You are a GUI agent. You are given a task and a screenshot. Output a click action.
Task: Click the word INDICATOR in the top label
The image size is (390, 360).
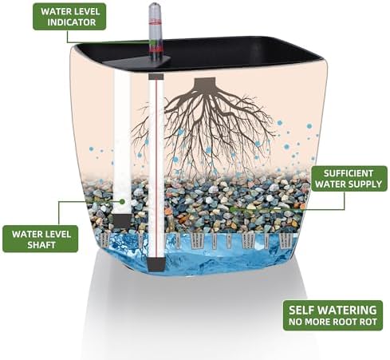coord(72,22)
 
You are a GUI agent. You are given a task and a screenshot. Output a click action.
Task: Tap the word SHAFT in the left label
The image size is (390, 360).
coord(41,244)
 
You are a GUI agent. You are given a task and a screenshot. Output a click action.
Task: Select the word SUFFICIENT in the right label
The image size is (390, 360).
coord(349,173)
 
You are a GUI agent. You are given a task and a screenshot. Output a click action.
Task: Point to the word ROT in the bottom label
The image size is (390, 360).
coord(368,322)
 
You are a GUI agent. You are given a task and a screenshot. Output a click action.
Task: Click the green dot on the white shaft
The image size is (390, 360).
coord(122,201)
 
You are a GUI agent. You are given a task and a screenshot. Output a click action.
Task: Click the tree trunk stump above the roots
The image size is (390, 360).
coord(204,84)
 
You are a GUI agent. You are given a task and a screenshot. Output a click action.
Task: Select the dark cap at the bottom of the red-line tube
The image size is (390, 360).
coord(156,264)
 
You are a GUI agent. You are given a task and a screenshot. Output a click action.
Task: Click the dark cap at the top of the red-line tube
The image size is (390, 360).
coord(156,77)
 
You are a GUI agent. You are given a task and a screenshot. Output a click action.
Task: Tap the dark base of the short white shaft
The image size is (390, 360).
coord(122,221)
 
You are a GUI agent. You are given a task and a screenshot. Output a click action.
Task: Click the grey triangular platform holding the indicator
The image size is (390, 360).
coord(139,62)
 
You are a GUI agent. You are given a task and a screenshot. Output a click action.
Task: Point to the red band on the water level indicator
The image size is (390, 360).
coord(155,23)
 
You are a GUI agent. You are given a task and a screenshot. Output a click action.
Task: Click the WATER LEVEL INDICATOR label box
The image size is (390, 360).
coord(69,17)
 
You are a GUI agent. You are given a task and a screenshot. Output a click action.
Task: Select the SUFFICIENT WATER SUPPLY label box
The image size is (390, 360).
coord(349,179)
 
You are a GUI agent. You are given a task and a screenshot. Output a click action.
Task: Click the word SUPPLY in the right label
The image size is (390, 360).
coord(366,184)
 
